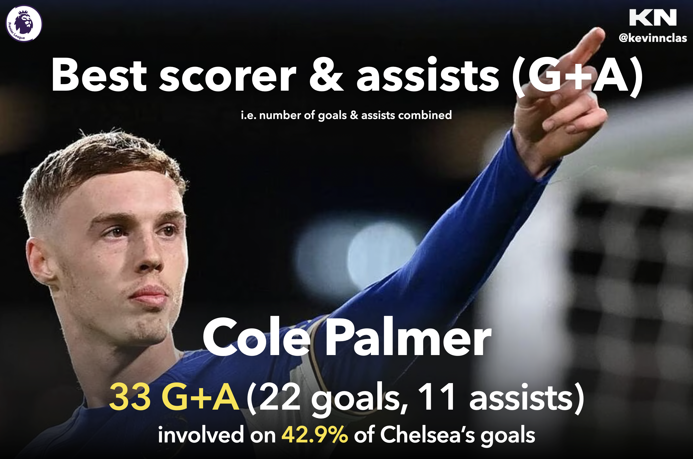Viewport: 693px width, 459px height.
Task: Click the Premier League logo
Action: (x=24, y=24)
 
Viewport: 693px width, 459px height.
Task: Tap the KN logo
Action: (x=653, y=17)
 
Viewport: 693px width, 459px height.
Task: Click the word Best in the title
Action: (x=99, y=75)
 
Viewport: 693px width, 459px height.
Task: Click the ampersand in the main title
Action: (x=327, y=75)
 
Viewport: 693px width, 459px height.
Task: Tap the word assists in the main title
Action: (x=428, y=75)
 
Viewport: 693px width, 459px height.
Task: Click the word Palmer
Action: (x=408, y=337)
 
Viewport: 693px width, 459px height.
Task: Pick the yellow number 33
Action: (x=130, y=398)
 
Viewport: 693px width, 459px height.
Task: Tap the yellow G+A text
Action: (x=200, y=398)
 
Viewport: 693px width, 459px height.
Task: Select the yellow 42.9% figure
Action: (x=315, y=434)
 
